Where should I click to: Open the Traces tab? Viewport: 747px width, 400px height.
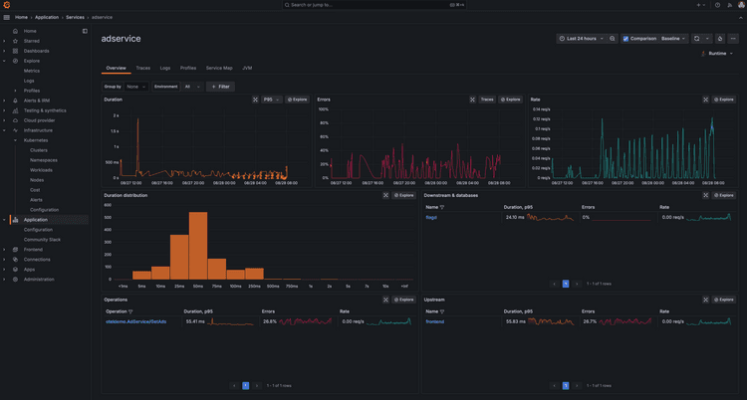143,68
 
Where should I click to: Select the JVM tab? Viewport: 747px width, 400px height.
247,68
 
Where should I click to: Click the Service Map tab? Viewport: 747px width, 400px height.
219,68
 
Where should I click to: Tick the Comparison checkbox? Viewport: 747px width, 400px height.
625,38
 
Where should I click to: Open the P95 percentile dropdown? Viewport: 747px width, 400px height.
270,100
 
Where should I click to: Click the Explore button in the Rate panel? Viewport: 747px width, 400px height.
723,100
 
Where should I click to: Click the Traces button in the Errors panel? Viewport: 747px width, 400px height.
486,100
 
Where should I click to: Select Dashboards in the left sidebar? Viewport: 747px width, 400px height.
37,51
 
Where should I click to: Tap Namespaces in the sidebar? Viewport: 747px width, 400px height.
44,160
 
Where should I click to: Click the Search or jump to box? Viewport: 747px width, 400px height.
373,5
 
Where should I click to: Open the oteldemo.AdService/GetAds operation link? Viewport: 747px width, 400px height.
135,321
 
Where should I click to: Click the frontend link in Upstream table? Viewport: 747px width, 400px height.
434,321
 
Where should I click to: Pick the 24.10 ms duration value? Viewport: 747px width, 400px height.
515,217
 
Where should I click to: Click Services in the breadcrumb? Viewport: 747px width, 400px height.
75,17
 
